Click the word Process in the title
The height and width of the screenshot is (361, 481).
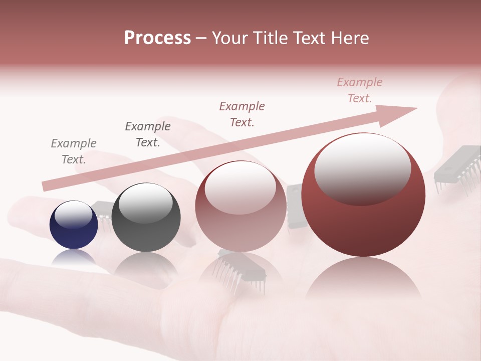point(157,38)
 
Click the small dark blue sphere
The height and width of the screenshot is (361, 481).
point(74,225)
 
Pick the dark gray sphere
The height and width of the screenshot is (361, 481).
point(146,218)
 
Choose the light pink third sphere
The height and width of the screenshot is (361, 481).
point(241,206)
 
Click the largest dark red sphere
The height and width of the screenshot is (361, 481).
point(363,196)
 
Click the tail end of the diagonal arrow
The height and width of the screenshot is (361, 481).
point(46,186)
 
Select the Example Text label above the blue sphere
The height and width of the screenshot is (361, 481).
point(74,151)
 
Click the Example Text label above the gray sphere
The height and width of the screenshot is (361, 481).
point(148,134)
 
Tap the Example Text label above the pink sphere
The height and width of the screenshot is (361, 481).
point(242,114)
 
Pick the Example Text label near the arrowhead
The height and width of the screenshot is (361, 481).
point(360,90)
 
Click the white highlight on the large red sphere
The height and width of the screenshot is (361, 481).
point(362,168)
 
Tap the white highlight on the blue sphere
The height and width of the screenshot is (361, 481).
point(73,215)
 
